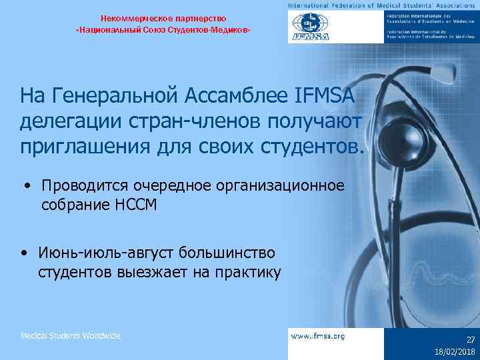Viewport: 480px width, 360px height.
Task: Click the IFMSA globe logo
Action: [308, 27]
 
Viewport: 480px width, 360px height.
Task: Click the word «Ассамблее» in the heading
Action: [235, 97]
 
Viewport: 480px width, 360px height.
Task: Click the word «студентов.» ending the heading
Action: [315, 146]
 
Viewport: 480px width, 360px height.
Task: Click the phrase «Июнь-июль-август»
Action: [93, 253]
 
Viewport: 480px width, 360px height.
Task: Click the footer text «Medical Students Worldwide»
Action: [71, 336]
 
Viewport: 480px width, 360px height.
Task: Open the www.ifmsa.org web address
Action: [318, 337]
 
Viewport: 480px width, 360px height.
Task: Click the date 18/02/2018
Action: [455, 351]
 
